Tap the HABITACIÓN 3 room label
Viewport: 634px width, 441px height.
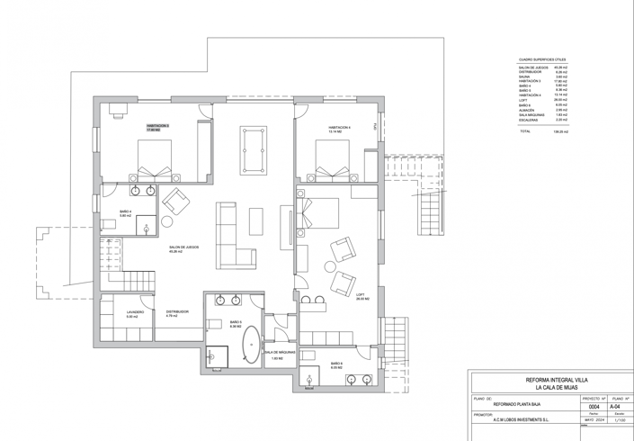click(x=157, y=128)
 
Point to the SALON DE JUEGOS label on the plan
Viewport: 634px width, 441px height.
click(x=183, y=248)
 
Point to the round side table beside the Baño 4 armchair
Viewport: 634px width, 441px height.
click(x=166, y=220)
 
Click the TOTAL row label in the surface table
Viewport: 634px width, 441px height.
click(x=524, y=131)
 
